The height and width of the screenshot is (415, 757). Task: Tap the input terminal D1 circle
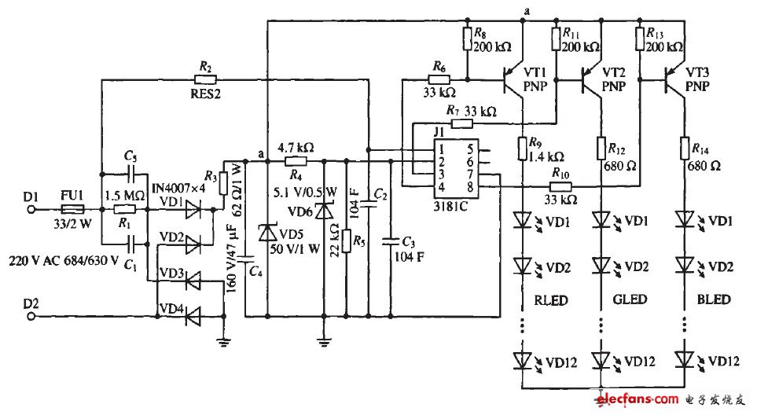(x=33, y=210)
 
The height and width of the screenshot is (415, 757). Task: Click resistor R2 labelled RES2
(x=207, y=79)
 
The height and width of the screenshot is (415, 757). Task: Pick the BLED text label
(x=712, y=299)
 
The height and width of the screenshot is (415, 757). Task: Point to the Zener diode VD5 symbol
(x=268, y=233)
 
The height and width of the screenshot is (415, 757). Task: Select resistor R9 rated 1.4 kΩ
(x=524, y=147)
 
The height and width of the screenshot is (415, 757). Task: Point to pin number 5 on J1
(x=472, y=148)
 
